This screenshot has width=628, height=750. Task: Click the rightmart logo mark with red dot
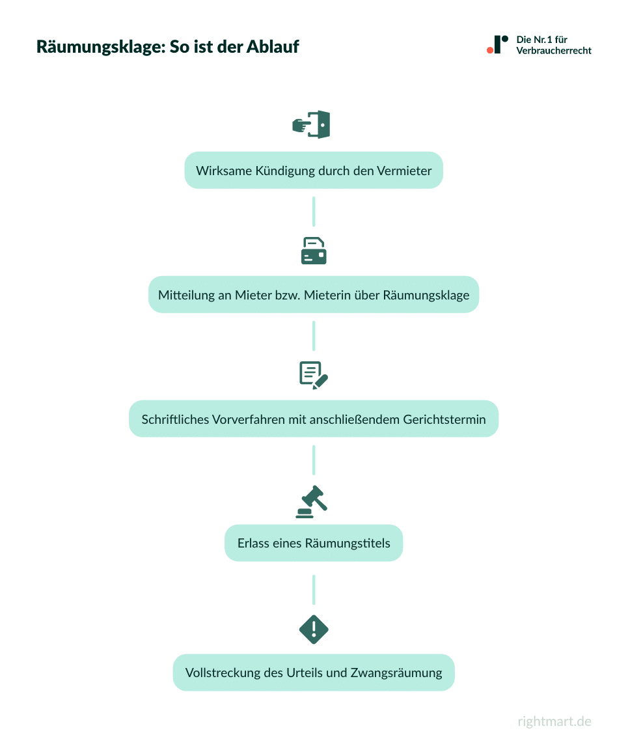tap(497, 44)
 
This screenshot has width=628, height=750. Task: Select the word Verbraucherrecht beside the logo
tap(554, 51)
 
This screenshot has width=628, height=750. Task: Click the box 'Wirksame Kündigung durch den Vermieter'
tap(313, 171)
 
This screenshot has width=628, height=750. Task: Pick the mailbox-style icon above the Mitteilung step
tap(314, 250)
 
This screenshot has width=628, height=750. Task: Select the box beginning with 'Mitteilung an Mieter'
tap(313, 295)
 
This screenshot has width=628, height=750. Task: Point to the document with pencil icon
tap(314, 375)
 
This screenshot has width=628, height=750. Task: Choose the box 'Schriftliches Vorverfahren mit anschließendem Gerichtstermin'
tap(313, 419)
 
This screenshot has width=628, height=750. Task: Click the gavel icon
tap(312, 501)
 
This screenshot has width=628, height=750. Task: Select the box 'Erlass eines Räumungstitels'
tap(313, 543)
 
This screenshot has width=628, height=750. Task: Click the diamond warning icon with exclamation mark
tap(314, 629)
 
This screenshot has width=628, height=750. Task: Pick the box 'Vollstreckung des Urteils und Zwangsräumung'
tap(313, 673)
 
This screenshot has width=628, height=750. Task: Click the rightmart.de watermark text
tap(554, 721)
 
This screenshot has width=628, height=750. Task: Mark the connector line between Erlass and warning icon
tap(314, 589)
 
